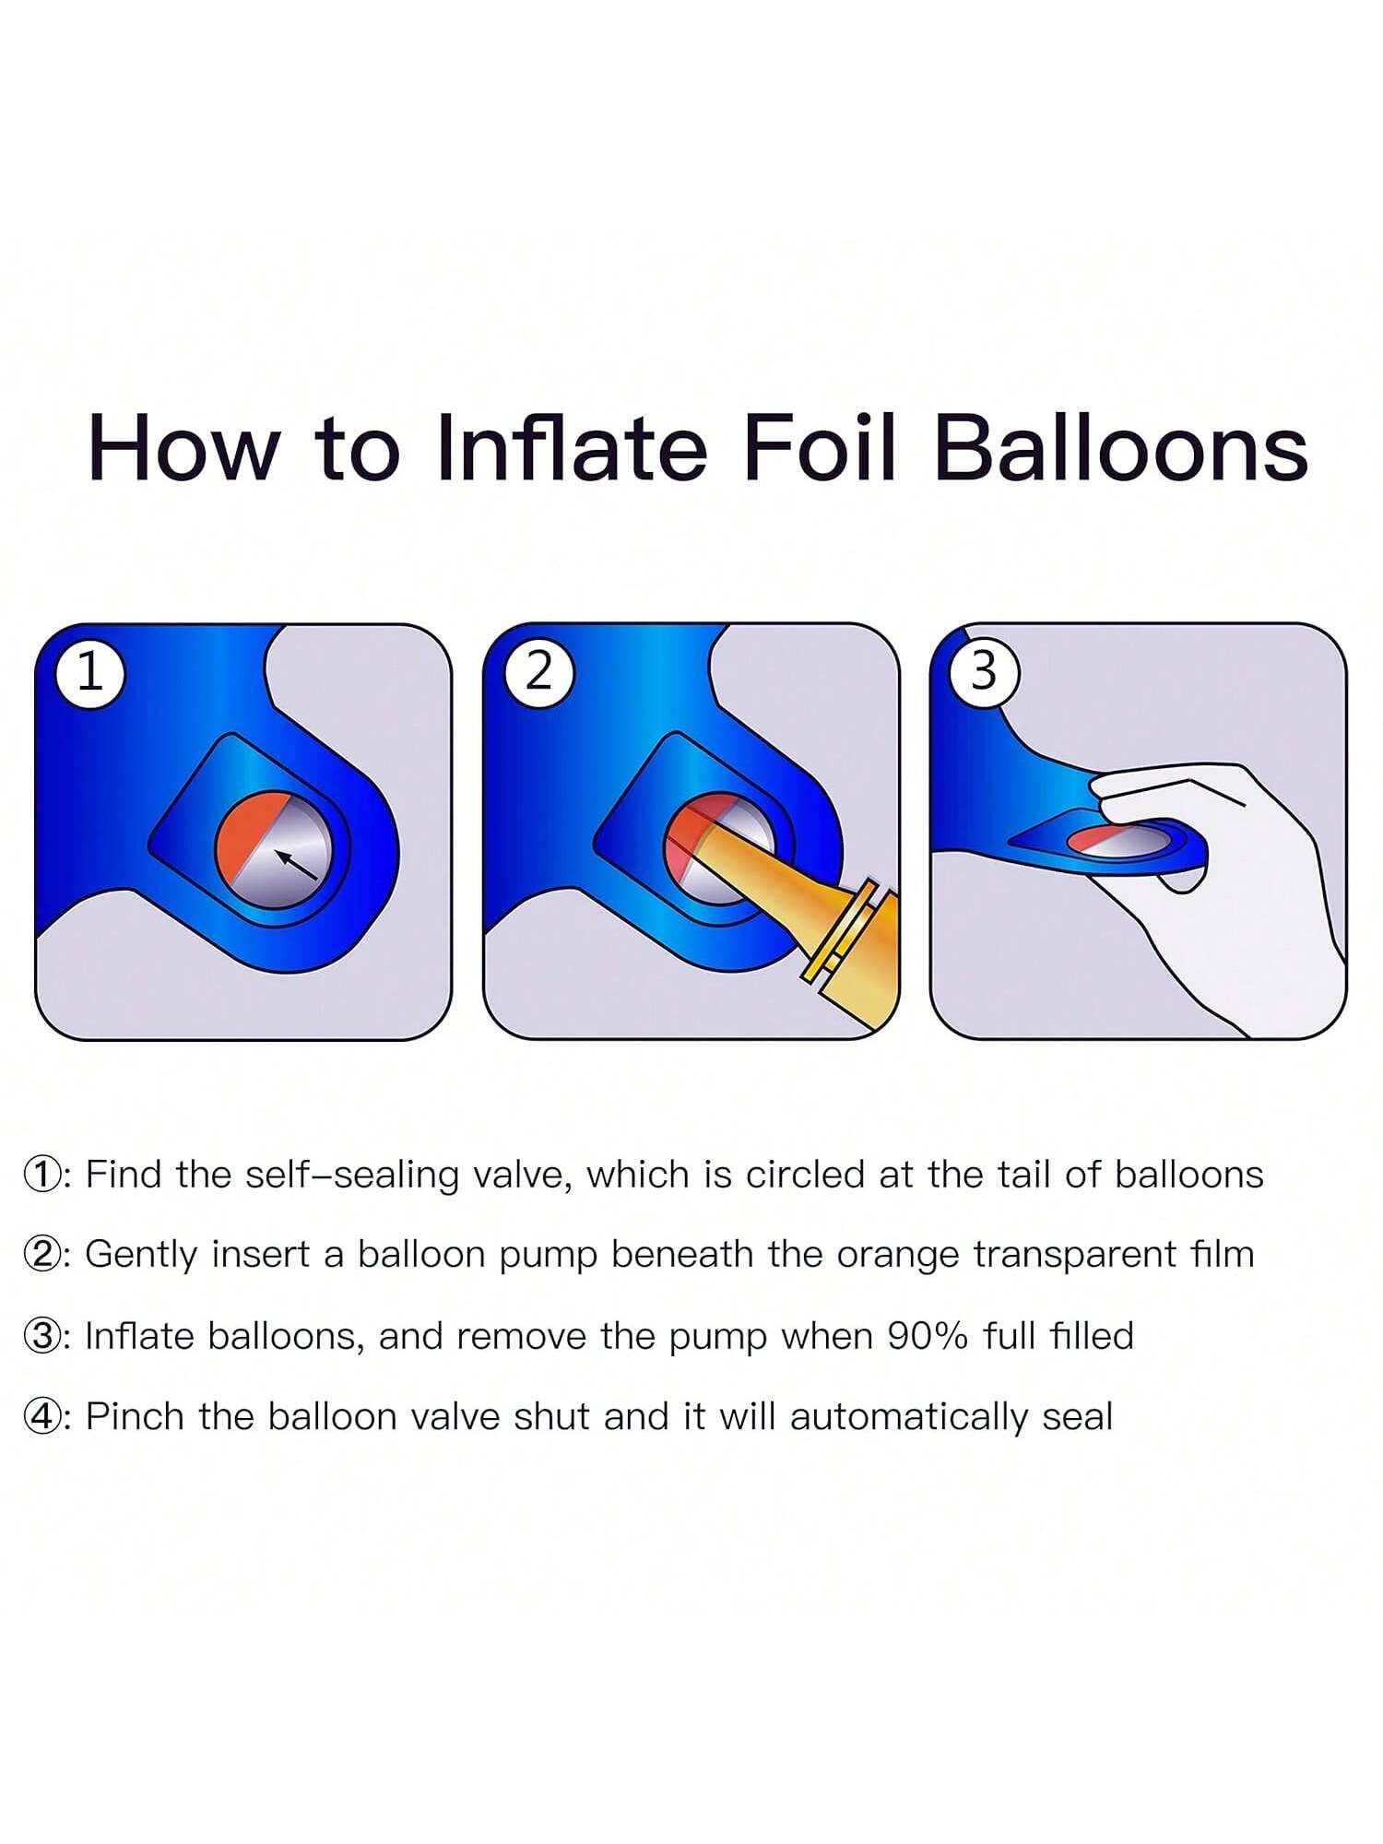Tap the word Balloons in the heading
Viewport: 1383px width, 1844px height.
(1121, 448)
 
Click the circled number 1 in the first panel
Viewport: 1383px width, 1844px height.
(89, 673)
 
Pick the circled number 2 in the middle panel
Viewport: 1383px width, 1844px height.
(538, 673)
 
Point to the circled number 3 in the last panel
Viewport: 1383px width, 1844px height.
(985, 673)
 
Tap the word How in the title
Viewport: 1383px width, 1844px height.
(183, 448)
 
